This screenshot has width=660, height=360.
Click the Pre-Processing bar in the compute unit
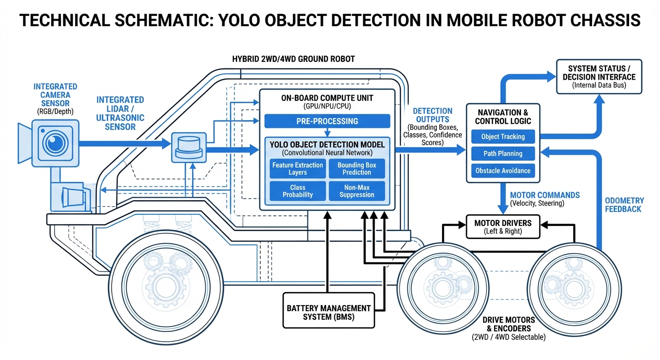[327, 121]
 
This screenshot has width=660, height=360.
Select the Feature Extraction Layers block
[298, 169]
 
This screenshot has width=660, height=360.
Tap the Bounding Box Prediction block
[357, 169]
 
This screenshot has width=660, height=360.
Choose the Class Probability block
[298, 191]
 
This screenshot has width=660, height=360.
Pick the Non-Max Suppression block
[357, 191]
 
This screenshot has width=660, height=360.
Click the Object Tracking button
[502, 137]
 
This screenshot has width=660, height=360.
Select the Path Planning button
[502, 154]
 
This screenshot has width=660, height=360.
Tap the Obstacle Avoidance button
[502, 171]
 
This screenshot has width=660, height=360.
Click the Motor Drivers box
[503, 227]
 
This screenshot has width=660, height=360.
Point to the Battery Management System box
[329, 312]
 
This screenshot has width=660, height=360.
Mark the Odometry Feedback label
[624, 205]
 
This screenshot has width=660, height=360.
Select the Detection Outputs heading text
[432, 115]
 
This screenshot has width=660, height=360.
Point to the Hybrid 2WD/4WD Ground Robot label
[293, 59]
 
